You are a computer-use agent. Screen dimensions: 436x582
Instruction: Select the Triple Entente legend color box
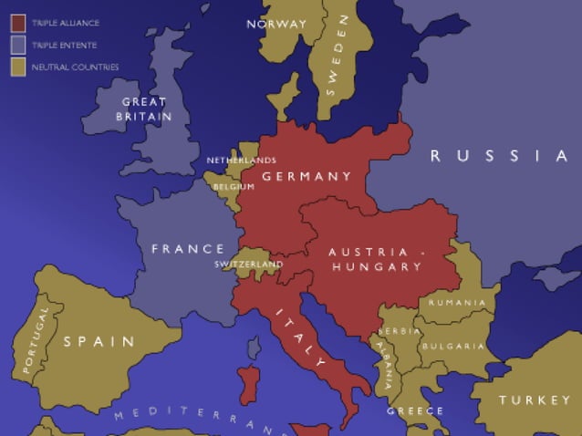[x=17, y=44]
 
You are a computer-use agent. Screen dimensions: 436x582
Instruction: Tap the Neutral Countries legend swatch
[x=17, y=67]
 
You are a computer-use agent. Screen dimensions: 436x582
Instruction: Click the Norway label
[x=276, y=25]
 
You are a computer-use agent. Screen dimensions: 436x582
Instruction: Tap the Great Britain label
[x=144, y=109]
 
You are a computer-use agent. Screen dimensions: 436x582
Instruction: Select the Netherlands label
[x=241, y=161]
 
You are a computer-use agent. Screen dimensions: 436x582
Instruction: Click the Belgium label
[x=234, y=186]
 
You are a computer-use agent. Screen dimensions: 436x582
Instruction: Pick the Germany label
[x=307, y=176]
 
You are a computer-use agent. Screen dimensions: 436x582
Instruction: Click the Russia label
[x=499, y=156]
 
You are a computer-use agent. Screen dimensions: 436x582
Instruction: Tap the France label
[x=188, y=249]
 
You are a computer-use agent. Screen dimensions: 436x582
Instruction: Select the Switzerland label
[x=249, y=264]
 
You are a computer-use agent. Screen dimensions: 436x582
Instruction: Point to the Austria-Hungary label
[x=377, y=259]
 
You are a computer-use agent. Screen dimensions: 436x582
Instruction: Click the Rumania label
[x=457, y=302]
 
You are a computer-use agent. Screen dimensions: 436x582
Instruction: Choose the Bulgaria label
[x=453, y=346]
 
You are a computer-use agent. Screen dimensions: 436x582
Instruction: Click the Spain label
[x=99, y=342]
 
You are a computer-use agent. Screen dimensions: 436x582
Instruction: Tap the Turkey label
[x=535, y=400]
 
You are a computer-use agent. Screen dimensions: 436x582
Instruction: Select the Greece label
[x=415, y=410]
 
